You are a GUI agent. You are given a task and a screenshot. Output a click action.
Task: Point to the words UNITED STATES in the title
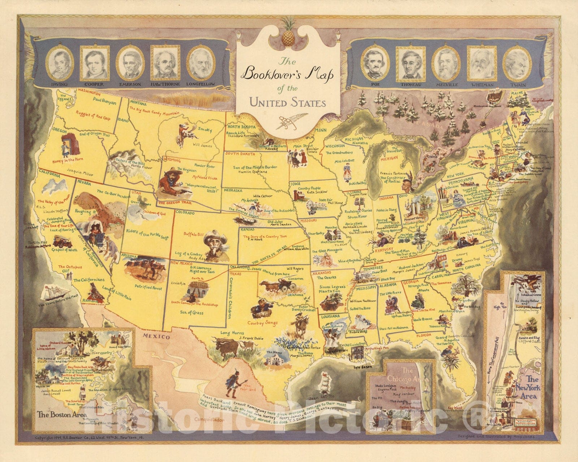pyautogui.click(x=288, y=103)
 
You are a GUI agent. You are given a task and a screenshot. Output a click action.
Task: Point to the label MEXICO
pyautogui.click(x=156, y=337)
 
